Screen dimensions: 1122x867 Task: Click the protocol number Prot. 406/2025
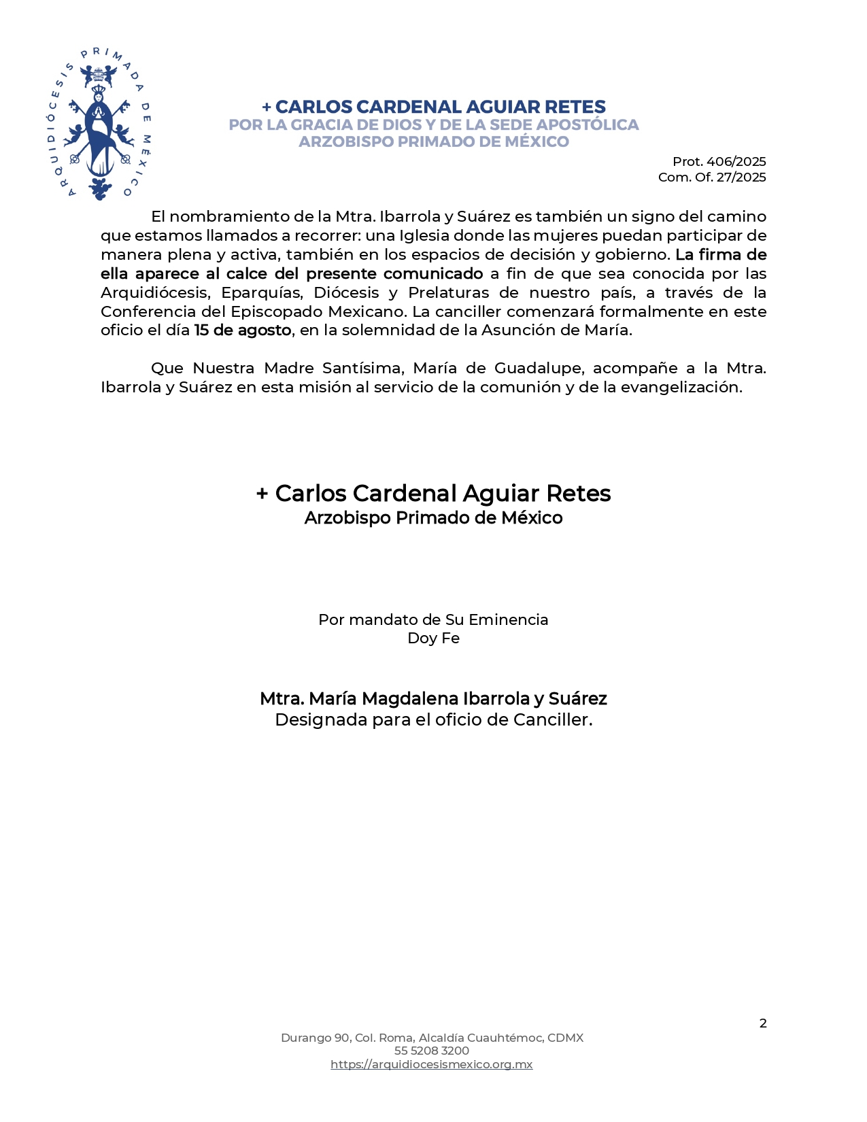click(719, 162)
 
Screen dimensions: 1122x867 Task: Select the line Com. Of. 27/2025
click(711, 177)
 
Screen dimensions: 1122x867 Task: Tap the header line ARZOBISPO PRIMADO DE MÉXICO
click(434, 142)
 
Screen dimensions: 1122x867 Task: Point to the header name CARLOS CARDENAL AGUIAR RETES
click(440, 107)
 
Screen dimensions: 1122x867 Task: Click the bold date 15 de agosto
click(243, 330)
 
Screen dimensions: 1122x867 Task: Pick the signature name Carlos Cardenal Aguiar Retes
click(442, 494)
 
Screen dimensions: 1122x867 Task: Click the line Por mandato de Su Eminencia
click(433, 620)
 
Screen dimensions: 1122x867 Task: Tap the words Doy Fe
click(433, 639)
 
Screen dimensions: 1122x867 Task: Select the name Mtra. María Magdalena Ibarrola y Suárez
click(433, 699)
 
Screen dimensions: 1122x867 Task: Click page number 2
click(763, 1023)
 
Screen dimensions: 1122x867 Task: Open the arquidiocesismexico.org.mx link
click(432, 1065)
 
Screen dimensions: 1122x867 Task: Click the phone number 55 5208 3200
click(432, 1051)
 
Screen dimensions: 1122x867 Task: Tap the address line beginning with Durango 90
click(432, 1038)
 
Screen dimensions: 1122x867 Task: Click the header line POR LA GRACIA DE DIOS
click(434, 125)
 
